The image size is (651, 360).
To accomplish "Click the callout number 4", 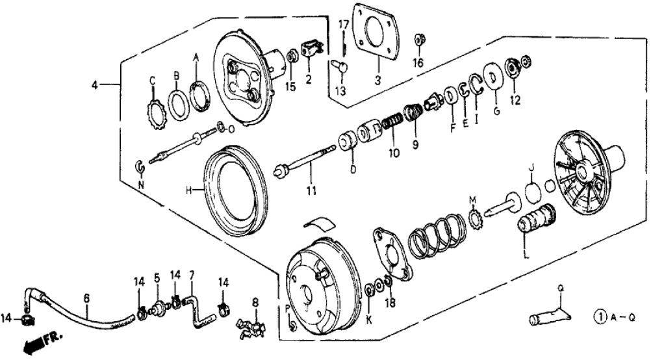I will [95, 85].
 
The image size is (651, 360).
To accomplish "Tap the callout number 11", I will [311, 190].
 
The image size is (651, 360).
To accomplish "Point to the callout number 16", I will [418, 63].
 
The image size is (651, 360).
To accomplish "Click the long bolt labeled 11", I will [305, 166].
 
